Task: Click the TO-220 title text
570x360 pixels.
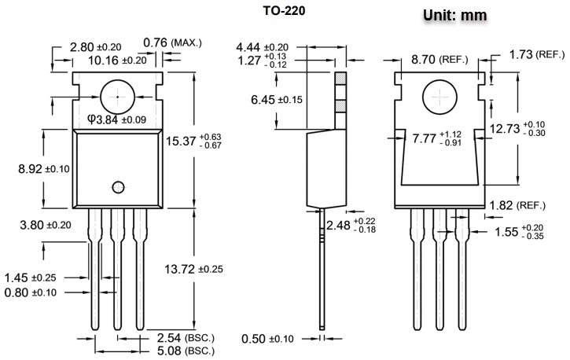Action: coord(285,11)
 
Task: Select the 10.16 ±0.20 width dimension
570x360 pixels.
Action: coord(118,60)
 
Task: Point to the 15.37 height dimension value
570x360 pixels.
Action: coord(183,141)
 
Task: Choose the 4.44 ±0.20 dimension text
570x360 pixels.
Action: coord(262,47)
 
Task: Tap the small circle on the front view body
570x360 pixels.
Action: coord(118,186)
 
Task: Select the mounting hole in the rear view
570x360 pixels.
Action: coord(439,98)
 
